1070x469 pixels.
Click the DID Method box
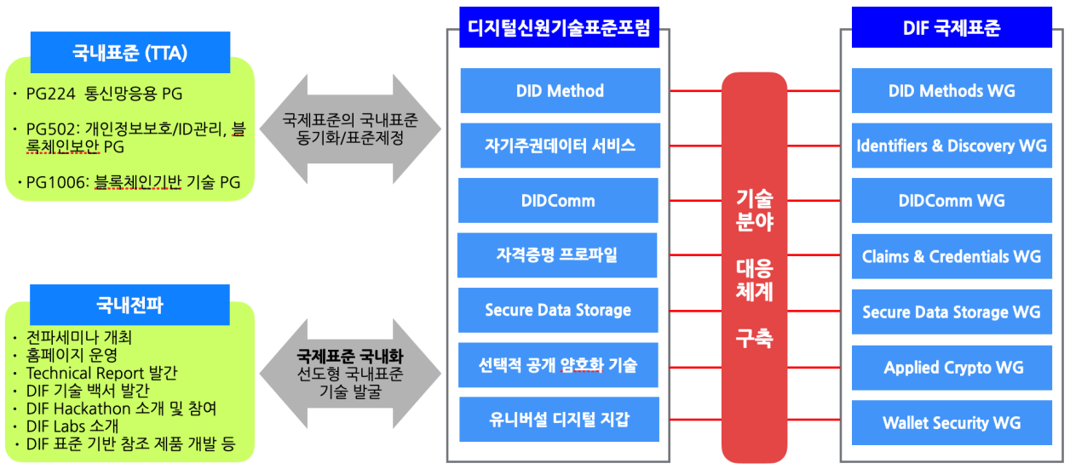[x=560, y=91]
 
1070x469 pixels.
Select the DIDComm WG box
[x=951, y=201]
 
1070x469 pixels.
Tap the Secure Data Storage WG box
[x=951, y=312]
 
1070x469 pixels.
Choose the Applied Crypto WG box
[x=951, y=368]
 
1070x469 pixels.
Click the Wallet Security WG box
[x=951, y=423]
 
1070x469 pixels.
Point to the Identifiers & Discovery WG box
[x=951, y=146]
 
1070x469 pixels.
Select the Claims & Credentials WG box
[x=951, y=256]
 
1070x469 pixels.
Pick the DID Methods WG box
[x=951, y=91]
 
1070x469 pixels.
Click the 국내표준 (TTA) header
[x=130, y=53]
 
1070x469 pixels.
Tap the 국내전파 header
[x=129, y=305]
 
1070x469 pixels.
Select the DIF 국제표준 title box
[x=951, y=28]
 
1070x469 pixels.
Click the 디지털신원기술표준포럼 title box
[x=559, y=28]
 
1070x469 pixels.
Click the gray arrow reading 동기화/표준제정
[x=350, y=129]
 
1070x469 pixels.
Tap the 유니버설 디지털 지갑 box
[x=560, y=420]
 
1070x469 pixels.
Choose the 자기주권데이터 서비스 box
[x=560, y=146]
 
